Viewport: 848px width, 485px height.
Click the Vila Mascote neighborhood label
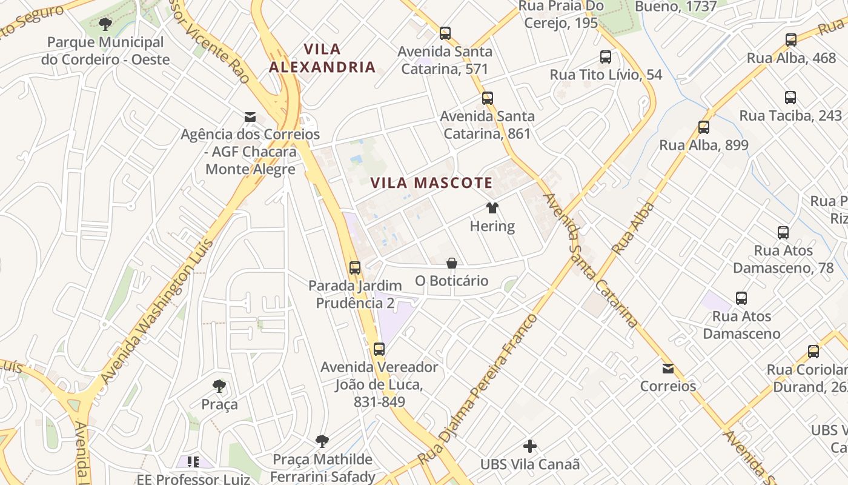tap(431, 182)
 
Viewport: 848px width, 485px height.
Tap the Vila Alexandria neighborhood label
tap(322, 58)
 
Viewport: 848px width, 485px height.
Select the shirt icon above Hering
tap(492, 209)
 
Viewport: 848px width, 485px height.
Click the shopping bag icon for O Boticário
tap(452, 263)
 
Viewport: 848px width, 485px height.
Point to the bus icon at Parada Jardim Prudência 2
tap(355, 267)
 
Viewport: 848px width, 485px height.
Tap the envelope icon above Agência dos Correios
tap(250, 117)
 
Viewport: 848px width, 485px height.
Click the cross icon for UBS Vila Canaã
tap(530, 447)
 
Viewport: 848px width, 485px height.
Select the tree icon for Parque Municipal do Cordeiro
tap(105, 25)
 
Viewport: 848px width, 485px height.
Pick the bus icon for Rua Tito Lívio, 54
tap(606, 57)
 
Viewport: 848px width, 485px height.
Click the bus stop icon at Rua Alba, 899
tap(704, 127)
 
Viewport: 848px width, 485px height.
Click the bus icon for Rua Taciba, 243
tap(790, 98)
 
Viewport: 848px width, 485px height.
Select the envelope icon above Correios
tap(668, 368)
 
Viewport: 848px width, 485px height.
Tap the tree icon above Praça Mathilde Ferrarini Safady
tap(322, 441)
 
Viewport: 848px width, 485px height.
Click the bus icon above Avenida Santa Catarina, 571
tap(445, 33)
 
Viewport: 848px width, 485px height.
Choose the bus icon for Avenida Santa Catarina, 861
tap(488, 98)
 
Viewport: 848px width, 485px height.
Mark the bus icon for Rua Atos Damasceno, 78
tap(783, 232)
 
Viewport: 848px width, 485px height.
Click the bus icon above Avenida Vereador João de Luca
tap(379, 349)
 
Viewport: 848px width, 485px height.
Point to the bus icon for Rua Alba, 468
tap(791, 40)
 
